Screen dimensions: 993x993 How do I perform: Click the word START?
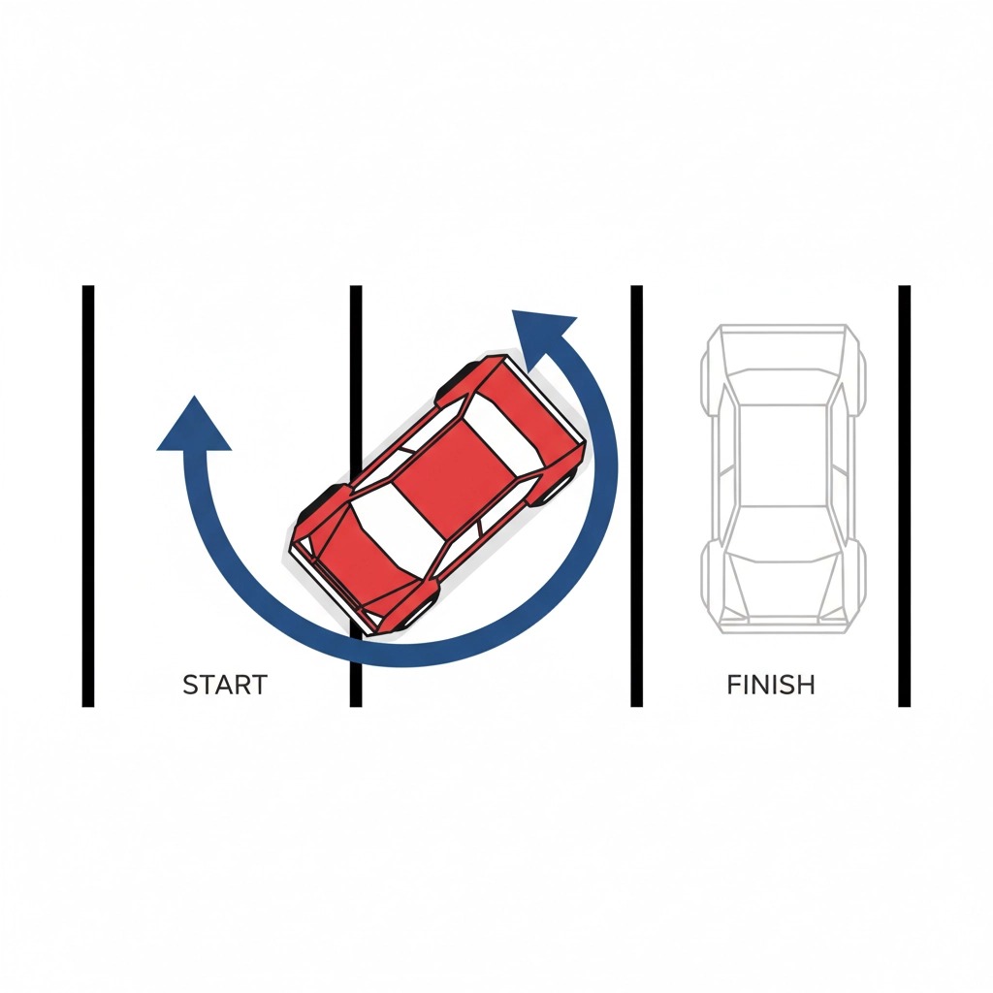coord(225,685)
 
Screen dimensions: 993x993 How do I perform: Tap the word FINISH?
coord(771,685)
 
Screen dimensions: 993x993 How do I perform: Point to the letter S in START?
coord(191,685)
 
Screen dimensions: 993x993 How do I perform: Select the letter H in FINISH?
coord(806,685)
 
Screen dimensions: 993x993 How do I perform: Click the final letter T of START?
coord(259,685)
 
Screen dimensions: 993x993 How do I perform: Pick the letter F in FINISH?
coord(734,685)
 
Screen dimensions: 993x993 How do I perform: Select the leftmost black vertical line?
coord(88,496)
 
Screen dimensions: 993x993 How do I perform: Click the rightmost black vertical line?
coord(905,496)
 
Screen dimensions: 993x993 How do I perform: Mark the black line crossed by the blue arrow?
coord(356,496)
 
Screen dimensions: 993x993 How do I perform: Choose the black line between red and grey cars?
coord(636,496)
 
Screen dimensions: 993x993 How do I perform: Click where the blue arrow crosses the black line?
coord(356,649)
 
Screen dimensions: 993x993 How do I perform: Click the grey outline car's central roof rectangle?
coord(784,455)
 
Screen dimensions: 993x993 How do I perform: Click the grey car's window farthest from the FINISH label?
coord(784,386)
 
